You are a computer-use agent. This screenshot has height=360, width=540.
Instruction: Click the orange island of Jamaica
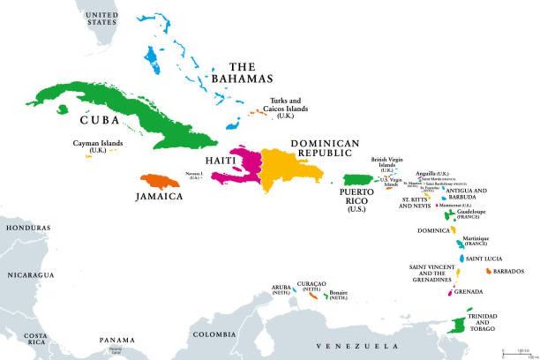point(159,181)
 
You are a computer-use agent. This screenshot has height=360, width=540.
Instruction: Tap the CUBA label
point(99,120)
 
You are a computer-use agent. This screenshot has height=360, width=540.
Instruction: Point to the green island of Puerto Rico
point(358,180)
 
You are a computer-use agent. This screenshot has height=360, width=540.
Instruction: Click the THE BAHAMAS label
point(242,73)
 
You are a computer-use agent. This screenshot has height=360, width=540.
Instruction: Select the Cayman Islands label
point(98,146)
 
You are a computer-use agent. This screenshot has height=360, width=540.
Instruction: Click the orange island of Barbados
point(488,271)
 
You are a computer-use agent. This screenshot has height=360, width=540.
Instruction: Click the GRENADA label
point(468,292)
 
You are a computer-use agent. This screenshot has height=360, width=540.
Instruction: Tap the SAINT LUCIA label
point(484,259)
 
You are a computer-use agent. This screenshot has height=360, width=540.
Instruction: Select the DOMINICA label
point(433,230)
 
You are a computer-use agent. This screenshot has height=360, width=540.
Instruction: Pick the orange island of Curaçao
point(314,296)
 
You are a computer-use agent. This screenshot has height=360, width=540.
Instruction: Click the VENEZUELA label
point(357,346)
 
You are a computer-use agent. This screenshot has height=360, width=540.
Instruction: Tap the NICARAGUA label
point(30,275)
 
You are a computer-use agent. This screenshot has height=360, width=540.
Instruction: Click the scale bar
point(517,351)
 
